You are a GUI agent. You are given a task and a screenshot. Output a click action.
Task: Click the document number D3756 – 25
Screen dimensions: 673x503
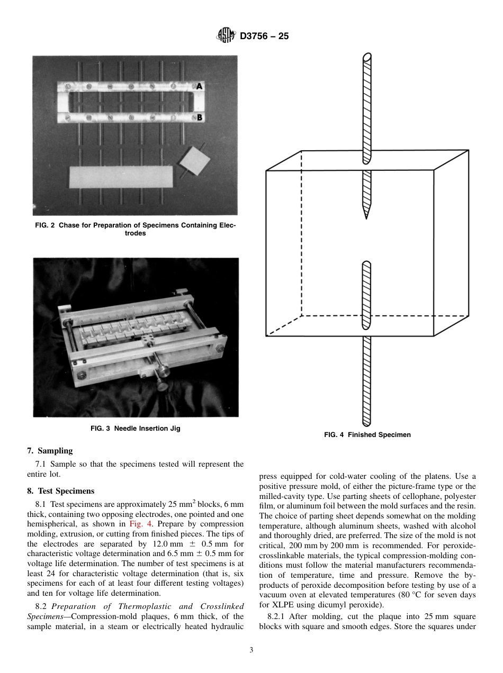(264, 37)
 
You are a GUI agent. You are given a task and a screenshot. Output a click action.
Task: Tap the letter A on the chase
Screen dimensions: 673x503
(199, 86)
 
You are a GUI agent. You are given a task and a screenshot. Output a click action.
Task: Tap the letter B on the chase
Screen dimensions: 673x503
(199, 117)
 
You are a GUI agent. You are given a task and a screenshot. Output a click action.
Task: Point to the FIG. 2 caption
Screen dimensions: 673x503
(136, 229)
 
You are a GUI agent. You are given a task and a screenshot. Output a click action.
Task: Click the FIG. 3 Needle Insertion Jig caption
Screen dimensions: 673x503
(136, 429)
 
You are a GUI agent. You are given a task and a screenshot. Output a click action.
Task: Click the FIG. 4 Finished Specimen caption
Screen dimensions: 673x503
(367, 435)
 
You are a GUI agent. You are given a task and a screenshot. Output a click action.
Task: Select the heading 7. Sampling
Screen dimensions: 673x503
(50, 451)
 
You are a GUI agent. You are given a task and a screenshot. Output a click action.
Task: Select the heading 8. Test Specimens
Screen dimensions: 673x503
(60, 491)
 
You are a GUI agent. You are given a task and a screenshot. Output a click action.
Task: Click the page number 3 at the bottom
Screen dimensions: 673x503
(251, 650)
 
